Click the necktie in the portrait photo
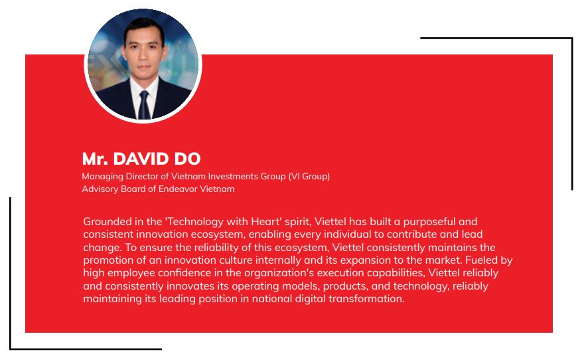pos(144,105)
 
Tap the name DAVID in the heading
pos(141,159)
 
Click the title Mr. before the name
pos(95,159)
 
